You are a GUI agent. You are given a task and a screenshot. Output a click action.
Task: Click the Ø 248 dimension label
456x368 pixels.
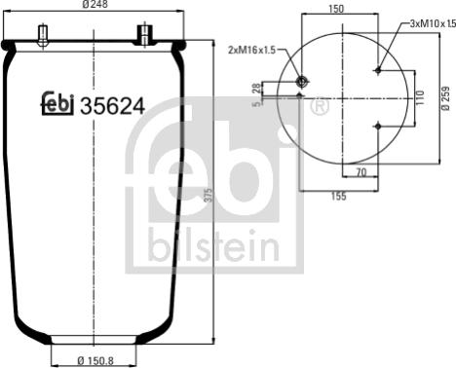[95, 4]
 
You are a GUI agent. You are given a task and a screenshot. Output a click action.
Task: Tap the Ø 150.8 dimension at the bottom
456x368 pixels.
[95, 360]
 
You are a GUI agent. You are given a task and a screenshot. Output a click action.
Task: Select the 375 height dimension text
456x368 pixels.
[209, 195]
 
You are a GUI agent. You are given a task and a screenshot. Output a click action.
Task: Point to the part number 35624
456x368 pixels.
[112, 106]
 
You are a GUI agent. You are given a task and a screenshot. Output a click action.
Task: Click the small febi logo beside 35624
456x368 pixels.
[57, 104]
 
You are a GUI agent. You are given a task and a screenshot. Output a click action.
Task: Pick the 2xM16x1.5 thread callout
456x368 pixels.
[251, 51]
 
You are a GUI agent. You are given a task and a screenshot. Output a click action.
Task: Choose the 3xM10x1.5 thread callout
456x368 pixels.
[433, 23]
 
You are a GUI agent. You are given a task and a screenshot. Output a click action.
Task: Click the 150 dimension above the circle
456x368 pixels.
[336, 9]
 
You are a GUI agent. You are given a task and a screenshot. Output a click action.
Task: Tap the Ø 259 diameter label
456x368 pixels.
[445, 98]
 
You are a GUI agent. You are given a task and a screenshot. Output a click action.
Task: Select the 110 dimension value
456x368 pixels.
[420, 97]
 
